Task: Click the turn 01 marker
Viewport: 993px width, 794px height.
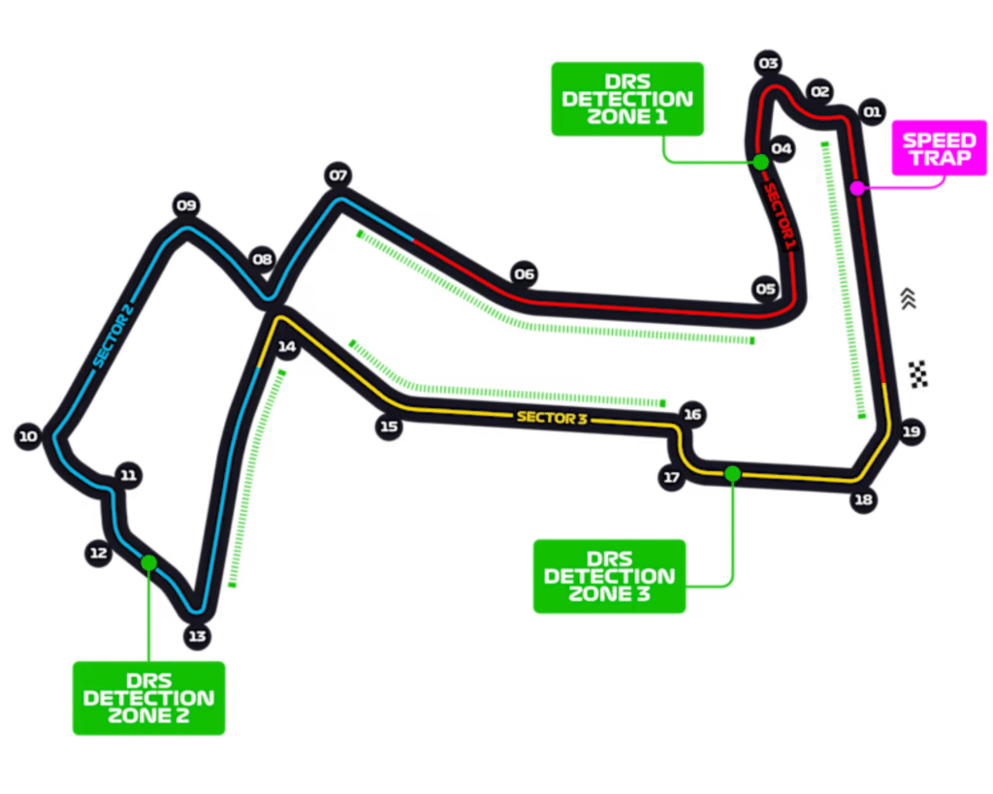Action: [871, 111]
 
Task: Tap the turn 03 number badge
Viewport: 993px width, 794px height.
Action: [769, 64]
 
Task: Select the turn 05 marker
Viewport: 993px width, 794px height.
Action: [766, 289]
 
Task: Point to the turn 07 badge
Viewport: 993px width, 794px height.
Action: [337, 175]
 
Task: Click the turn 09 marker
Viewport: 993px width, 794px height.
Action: [186, 205]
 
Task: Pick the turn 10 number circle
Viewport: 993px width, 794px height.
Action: [28, 437]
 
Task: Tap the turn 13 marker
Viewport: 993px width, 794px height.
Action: [197, 637]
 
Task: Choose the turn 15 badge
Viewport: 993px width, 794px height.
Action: [389, 426]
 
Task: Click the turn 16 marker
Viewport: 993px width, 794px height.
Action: [691, 415]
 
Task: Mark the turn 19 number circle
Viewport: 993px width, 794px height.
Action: [910, 432]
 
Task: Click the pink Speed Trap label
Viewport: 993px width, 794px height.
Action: [939, 149]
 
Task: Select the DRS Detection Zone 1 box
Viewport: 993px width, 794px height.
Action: [626, 99]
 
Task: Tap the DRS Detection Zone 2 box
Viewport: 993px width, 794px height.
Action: [148, 698]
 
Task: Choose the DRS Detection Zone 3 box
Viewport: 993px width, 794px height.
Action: [609, 576]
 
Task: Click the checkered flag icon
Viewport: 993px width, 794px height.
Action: [918, 373]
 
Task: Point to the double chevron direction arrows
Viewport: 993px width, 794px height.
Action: [908, 299]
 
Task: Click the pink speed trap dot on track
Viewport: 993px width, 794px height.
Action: [857, 188]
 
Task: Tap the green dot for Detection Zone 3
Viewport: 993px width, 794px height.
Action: [732, 473]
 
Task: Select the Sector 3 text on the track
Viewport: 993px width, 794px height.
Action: [554, 418]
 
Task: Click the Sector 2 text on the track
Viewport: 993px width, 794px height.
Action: [113, 335]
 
